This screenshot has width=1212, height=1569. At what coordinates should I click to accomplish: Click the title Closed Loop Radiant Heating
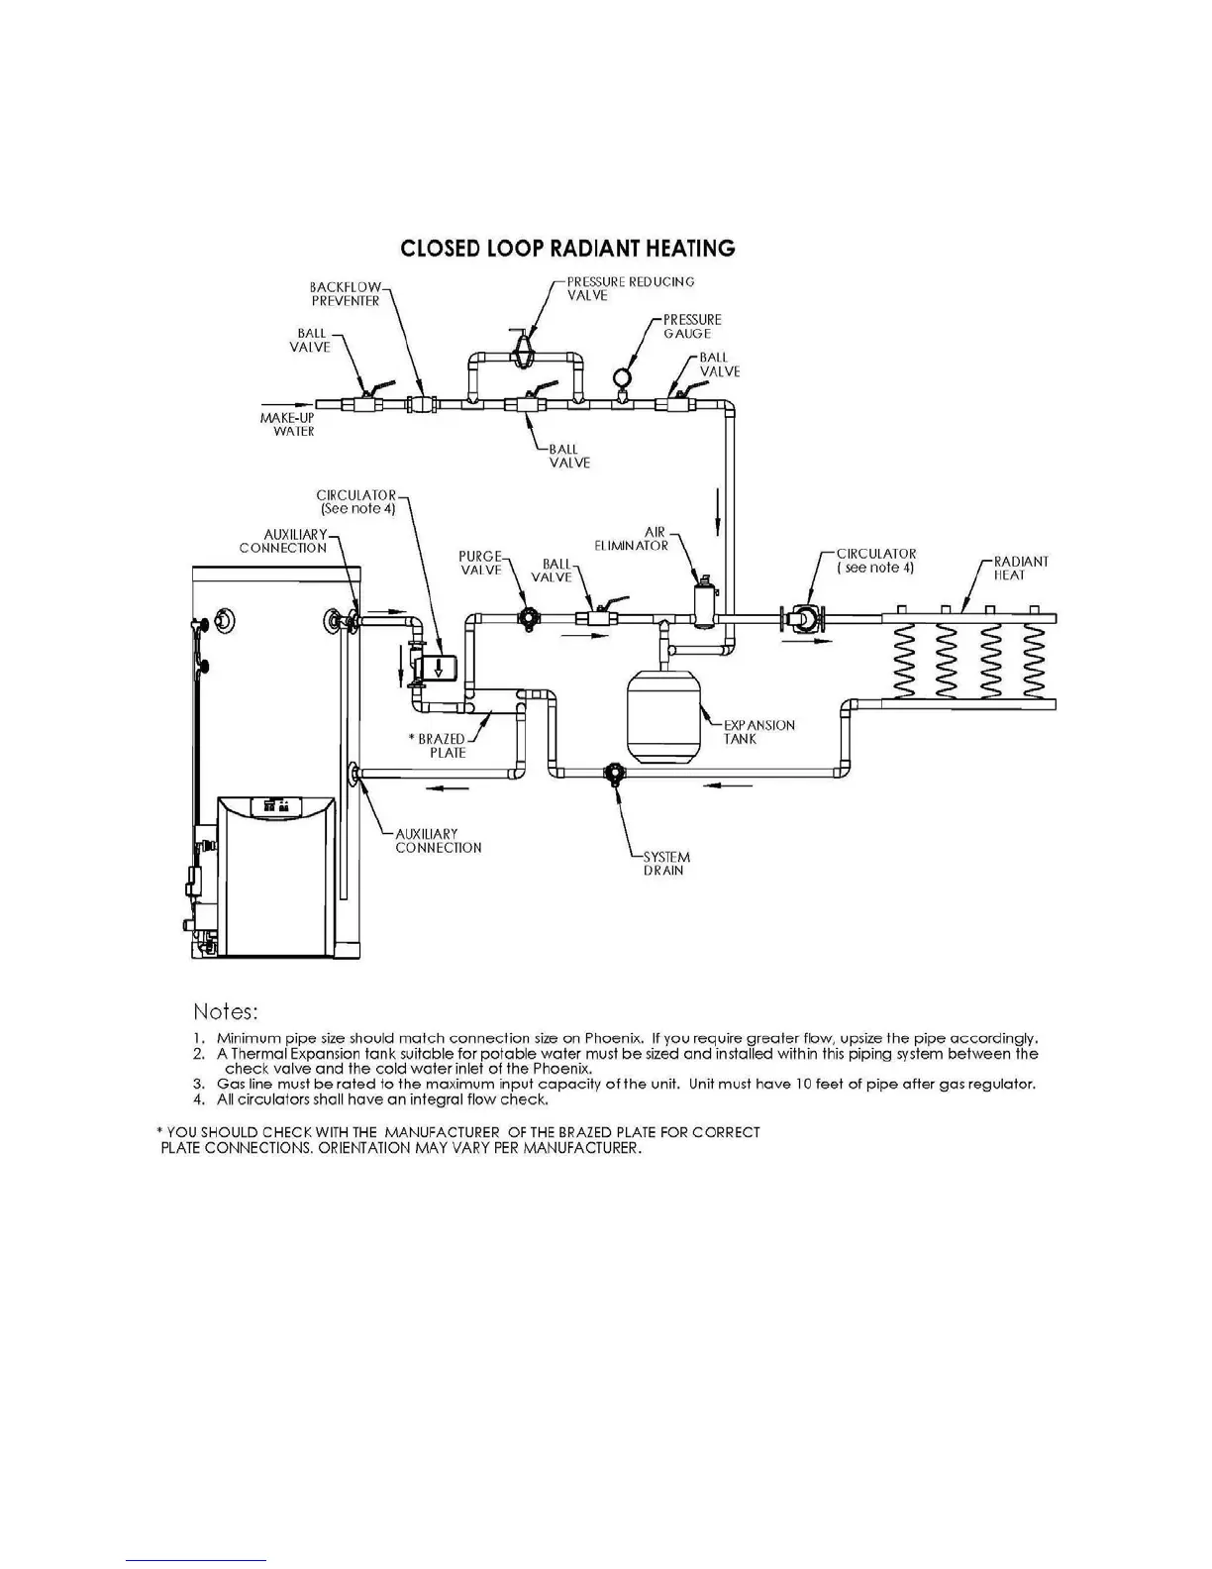point(567,248)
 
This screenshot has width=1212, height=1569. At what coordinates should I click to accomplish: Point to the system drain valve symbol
point(614,773)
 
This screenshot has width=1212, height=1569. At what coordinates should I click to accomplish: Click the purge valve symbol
point(529,619)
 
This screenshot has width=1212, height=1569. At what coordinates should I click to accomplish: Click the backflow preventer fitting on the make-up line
point(423,404)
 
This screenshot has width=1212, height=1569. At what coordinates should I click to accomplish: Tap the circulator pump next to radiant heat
point(802,619)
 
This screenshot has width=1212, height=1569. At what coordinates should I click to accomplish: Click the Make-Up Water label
point(287,425)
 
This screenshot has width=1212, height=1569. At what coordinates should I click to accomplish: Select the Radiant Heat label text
point(1020,568)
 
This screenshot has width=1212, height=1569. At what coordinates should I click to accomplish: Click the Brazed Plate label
point(441,746)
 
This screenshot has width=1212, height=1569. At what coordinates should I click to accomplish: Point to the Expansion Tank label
point(758,732)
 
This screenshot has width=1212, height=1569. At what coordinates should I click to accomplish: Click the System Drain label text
point(666,864)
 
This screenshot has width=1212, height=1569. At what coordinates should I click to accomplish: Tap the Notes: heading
point(226,1011)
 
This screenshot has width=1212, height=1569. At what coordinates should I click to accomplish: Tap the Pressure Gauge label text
point(692,326)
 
